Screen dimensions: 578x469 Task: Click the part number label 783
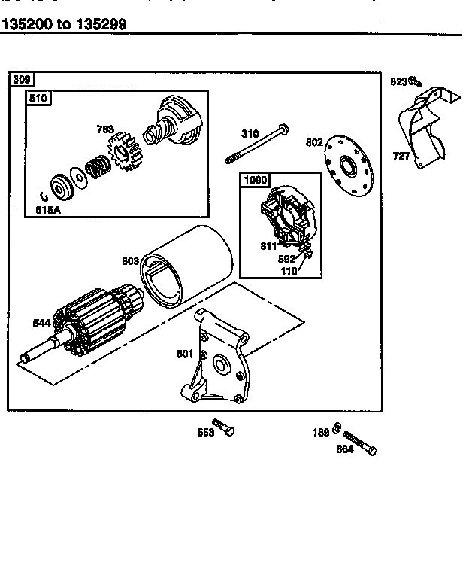[x=106, y=129]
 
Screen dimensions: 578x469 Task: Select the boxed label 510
[x=37, y=98]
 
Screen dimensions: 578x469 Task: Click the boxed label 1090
[x=253, y=181]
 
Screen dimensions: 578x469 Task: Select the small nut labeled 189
[x=339, y=430]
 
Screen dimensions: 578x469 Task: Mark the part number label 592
[x=287, y=260]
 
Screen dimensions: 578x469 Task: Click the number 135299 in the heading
[x=101, y=23]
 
